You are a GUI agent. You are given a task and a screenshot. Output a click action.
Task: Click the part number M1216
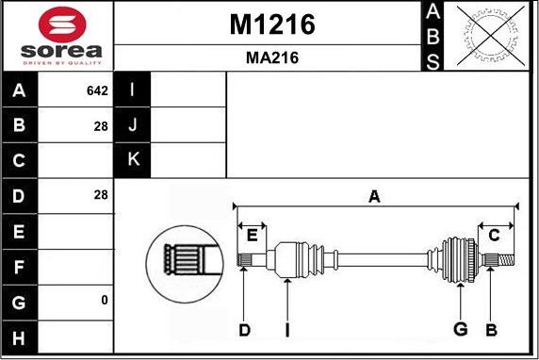271,25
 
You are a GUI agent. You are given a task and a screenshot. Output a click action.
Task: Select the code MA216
271,57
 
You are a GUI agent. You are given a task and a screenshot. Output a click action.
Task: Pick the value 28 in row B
101,124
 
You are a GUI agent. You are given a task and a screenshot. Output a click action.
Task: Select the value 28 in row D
101,195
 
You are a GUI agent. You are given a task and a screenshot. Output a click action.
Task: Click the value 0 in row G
105,301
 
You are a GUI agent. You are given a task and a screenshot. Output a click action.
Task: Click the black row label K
133,160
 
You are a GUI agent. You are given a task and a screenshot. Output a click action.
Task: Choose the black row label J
133,125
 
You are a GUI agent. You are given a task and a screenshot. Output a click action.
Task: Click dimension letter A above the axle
374,196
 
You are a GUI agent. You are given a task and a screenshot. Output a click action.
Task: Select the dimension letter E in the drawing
253,235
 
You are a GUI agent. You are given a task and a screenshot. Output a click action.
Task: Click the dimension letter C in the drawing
493,235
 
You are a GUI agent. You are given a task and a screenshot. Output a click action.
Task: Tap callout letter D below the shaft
244,329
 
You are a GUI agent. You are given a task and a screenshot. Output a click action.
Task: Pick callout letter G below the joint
461,329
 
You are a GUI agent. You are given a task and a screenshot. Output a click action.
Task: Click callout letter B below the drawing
491,329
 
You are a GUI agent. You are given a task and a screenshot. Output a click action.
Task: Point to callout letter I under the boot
287,329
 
